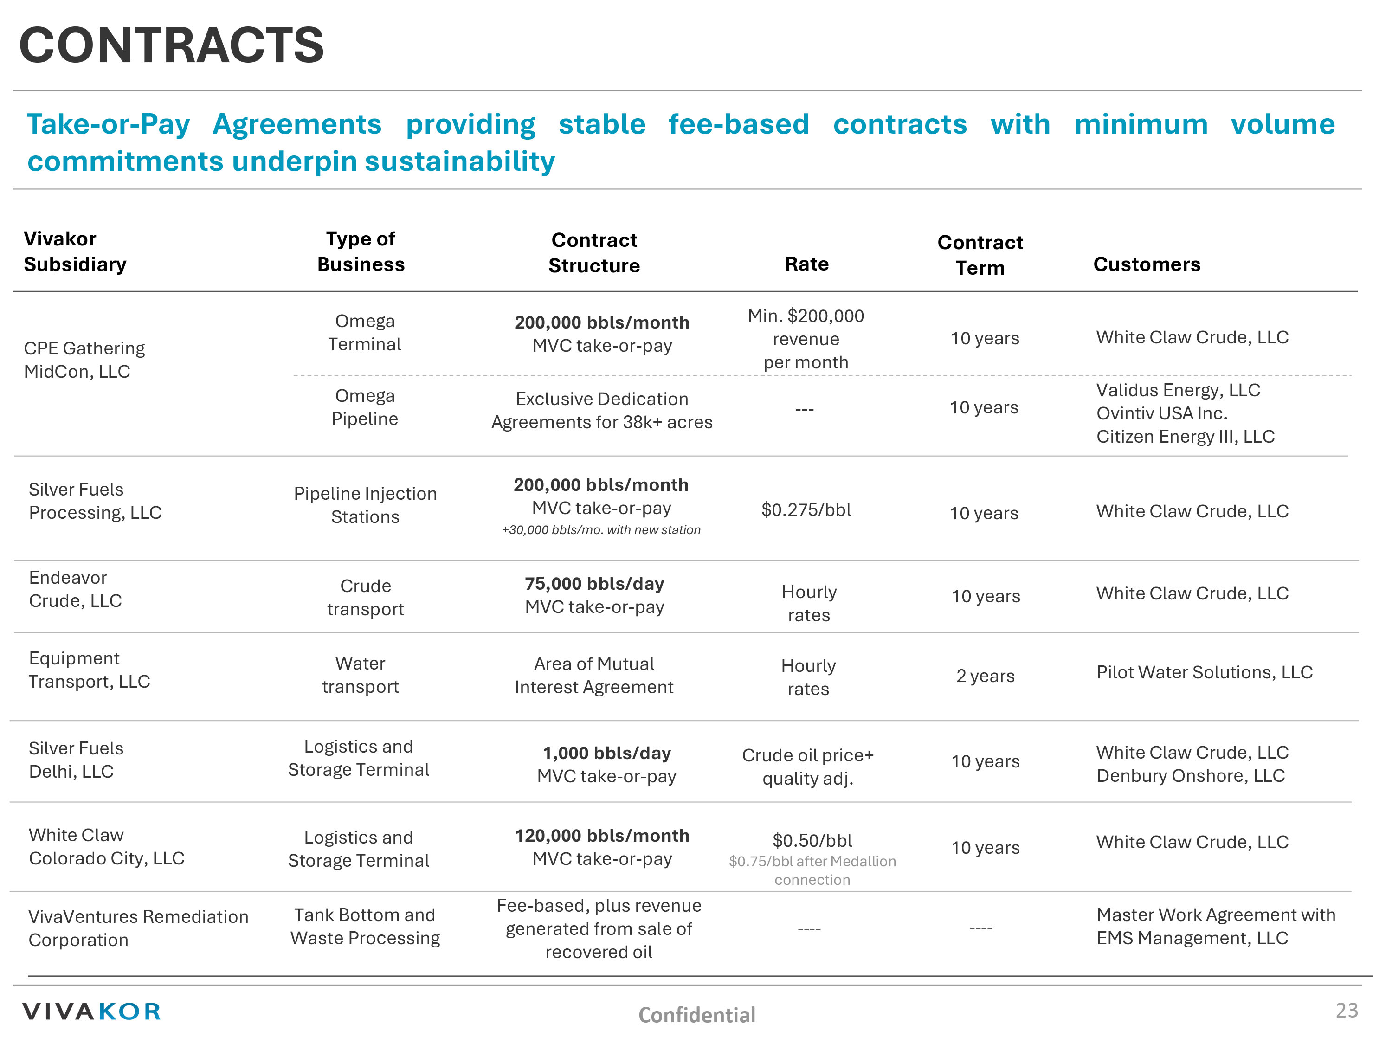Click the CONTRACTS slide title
click(x=171, y=45)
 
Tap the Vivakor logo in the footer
click(x=92, y=1011)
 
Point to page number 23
click(x=1346, y=1010)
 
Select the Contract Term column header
click(x=980, y=255)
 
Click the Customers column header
click(x=1147, y=264)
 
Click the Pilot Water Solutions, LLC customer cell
click(x=1204, y=672)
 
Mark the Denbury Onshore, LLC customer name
click(x=1190, y=775)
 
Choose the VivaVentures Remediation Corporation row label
click(x=138, y=928)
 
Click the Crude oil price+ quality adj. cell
click(x=807, y=767)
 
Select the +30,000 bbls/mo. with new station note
click(x=601, y=530)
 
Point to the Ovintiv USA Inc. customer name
click(x=1162, y=413)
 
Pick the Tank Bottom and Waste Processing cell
click(x=365, y=926)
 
